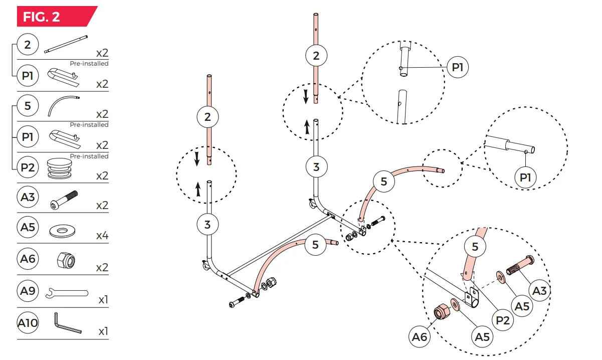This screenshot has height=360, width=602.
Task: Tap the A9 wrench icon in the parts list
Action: [66, 293]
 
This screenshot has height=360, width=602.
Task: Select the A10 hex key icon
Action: [66, 323]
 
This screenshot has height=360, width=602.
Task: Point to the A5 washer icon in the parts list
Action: [63, 231]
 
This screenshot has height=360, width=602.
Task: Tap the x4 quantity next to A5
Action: [102, 237]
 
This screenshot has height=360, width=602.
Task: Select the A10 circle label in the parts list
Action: [28, 323]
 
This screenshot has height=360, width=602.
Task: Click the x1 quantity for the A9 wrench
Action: [103, 300]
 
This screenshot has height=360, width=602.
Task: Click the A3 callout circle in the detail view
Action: [539, 290]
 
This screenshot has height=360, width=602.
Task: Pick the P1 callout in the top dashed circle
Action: [457, 67]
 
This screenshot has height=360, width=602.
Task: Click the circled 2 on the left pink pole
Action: [208, 117]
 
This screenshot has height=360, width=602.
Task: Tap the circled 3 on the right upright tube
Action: [316, 166]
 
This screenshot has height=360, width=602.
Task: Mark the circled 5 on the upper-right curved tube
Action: [384, 181]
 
